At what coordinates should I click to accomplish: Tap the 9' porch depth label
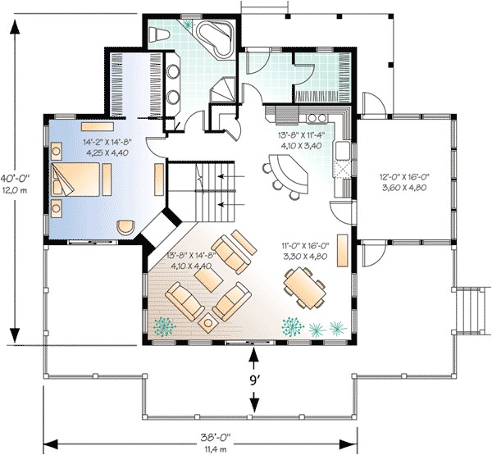click(256, 380)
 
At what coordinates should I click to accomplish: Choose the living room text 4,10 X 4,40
click(190, 265)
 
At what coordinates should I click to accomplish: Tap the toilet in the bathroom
click(160, 34)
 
